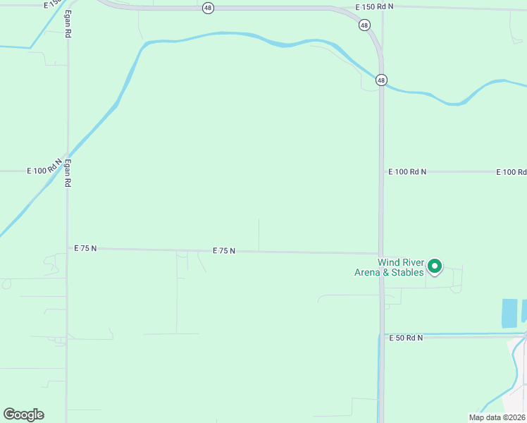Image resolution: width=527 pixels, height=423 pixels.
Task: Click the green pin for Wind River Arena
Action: pos(435,266)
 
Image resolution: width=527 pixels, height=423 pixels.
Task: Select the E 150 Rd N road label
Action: pos(375,6)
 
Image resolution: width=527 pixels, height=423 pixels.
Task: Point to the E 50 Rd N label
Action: pos(407,338)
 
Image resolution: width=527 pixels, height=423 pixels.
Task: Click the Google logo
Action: pos(23,415)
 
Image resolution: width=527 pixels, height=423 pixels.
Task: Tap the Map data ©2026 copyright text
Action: pos(497,417)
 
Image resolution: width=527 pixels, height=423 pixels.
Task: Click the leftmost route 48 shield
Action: pos(208,8)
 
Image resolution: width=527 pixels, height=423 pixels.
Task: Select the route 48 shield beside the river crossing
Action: pos(381,80)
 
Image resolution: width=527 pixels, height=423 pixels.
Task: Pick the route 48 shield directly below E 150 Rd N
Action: pos(364,25)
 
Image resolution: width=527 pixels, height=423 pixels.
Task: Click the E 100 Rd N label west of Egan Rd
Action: pos(46,171)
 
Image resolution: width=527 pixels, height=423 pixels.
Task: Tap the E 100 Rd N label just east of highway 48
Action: pos(407,171)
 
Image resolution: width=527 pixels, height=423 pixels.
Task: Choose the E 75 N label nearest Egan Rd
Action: pos(85,248)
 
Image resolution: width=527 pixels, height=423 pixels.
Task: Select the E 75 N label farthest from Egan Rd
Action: pos(224,250)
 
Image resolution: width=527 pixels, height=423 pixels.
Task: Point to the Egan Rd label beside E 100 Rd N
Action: pos(68,172)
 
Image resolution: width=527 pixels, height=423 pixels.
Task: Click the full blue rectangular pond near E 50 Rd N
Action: pos(508,313)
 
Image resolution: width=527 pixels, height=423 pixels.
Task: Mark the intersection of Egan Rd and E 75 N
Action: pos(68,248)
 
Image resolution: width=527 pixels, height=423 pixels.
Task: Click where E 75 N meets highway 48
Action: pos(381,253)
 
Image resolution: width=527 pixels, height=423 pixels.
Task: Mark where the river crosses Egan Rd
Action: pos(68,154)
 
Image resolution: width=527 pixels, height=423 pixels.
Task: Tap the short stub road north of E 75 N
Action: pos(259,234)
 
